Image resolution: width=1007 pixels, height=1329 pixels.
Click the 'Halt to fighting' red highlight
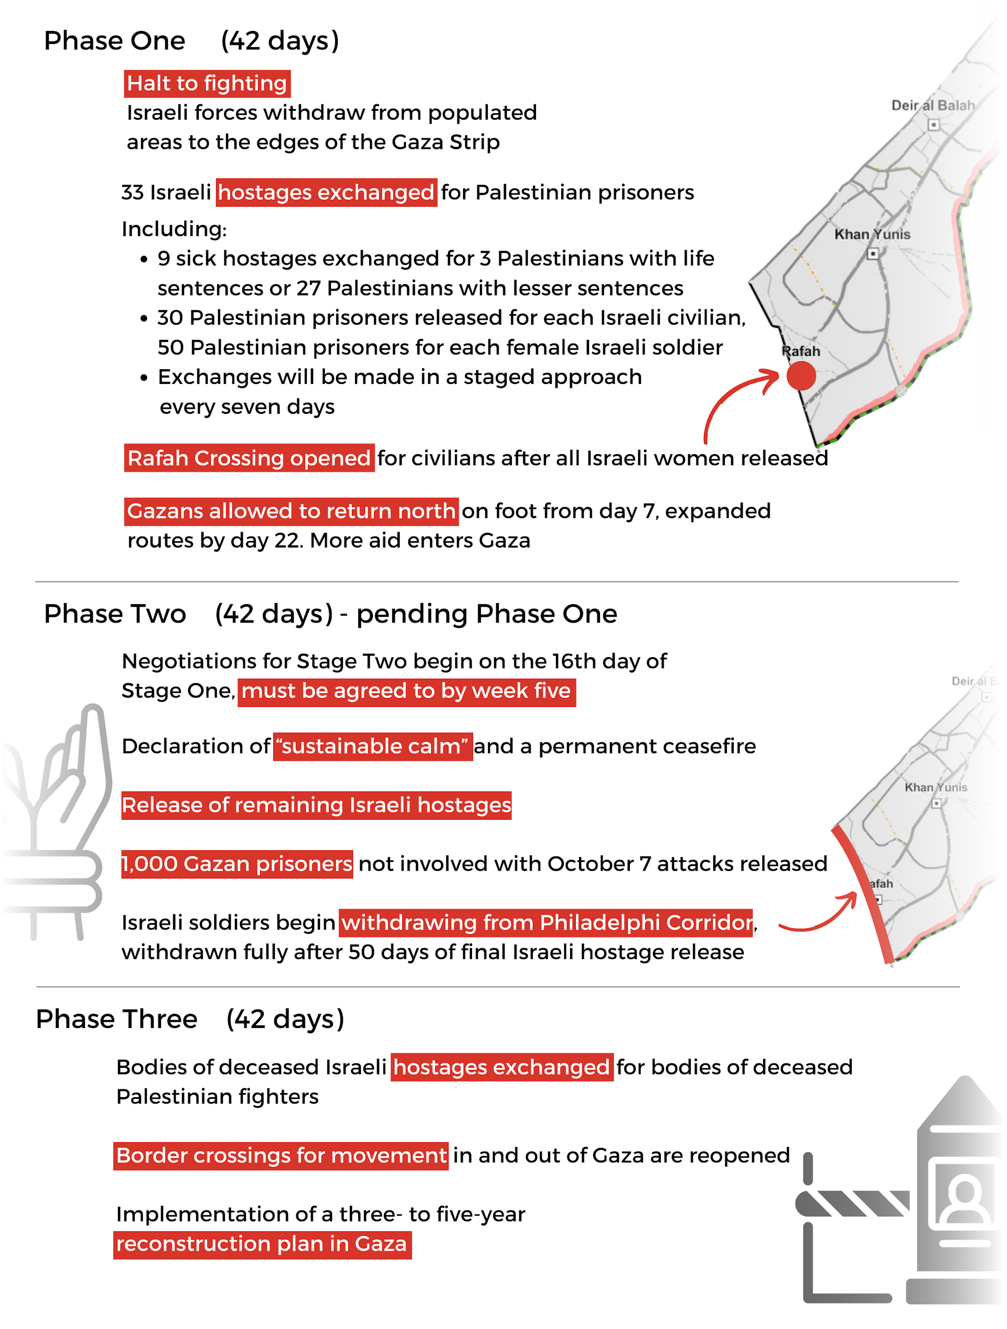(x=207, y=83)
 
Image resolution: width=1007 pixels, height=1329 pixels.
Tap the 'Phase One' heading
(x=114, y=41)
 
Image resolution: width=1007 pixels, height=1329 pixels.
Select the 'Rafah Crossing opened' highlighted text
(x=249, y=458)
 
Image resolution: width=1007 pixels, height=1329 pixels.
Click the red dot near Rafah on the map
(x=800, y=376)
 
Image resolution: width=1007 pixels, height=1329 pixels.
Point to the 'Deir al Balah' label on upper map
(x=932, y=106)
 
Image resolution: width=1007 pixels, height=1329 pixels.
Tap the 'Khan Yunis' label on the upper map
(x=872, y=234)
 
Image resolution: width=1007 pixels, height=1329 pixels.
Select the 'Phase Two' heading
(x=115, y=614)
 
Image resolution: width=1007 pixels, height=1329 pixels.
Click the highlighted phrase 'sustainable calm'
(x=372, y=746)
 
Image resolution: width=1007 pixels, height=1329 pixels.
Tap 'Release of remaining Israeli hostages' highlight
(x=316, y=805)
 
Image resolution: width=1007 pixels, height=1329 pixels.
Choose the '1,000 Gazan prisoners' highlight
(x=237, y=864)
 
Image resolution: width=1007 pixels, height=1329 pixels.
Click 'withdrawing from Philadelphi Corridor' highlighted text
(x=545, y=922)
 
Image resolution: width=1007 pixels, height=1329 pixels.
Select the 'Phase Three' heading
(x=116, y=1019)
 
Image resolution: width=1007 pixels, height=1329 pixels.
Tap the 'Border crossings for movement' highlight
(x=281, y=1155)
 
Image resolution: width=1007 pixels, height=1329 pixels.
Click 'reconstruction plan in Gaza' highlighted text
(x=262, y=1244)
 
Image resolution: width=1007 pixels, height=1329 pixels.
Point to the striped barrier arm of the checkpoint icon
(x=853, y=1203)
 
